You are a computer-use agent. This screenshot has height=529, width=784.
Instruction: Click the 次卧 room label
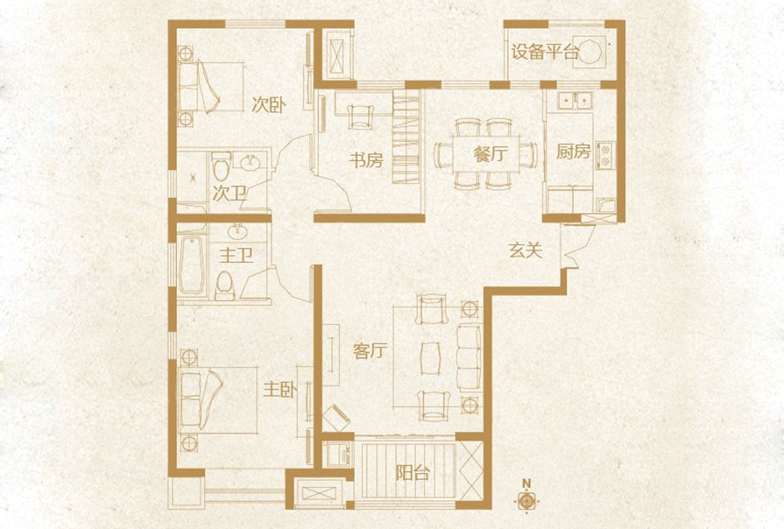(x=269, y=106)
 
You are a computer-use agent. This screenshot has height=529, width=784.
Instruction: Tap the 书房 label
(x=366, y=161)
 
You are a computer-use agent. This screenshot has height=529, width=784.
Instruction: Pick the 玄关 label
(x=526, y=250)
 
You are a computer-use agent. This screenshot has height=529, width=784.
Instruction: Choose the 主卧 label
(x=279, y=389)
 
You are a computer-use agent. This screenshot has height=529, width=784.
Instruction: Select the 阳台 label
(x=412, y=474)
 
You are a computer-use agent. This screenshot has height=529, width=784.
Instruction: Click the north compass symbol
(x=526, y=499)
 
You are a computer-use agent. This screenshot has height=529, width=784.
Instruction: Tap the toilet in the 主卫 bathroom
(x=225, y=285)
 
